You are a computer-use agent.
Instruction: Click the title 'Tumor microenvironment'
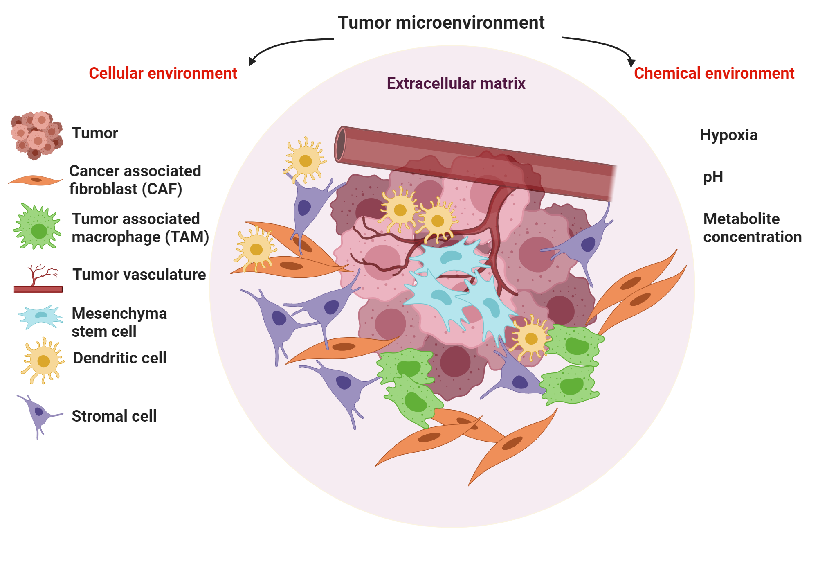441,23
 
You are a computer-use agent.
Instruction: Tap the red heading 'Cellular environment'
163,73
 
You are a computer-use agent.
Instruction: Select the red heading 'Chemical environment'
714,73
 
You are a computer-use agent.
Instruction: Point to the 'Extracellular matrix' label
456,83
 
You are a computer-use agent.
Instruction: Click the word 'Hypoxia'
728,135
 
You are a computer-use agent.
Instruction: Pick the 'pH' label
713,177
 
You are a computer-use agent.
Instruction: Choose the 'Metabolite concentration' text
752,228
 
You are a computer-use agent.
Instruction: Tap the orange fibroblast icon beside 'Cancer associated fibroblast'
36,180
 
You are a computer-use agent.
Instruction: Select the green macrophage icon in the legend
38,228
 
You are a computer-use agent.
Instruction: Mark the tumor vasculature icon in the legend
38,280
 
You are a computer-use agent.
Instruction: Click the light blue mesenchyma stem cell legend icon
40,316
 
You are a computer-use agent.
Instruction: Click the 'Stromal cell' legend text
114,416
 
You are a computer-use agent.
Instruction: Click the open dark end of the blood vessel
340,144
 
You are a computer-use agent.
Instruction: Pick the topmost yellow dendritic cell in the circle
305,160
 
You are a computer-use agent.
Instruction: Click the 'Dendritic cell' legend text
119,358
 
